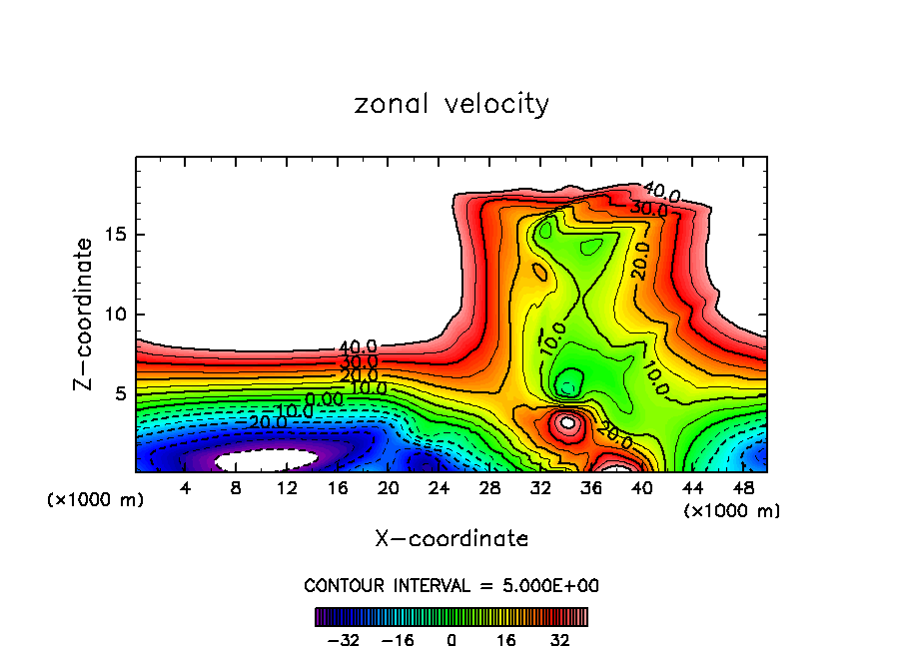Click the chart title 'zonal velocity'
click(x=451, y=104)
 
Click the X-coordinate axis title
click(x=451, y=539)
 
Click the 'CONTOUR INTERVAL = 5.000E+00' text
click(x=451, y=585)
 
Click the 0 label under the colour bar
click(x=451, y=639)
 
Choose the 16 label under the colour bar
click(x=505, y=639)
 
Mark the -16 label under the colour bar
click(x=398, y=639)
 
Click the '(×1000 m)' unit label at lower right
click(x=731, y=511)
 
